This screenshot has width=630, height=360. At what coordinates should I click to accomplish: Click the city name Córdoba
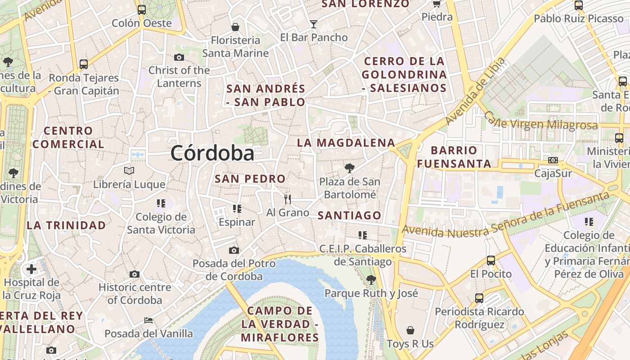pyautogui.click(x=212, y=153)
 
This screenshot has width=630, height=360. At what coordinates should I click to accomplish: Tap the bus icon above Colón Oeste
pyautogui.click(x=142, y=9)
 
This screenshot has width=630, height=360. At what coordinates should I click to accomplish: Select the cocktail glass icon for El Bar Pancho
pyautogui.click(x=314, y=24)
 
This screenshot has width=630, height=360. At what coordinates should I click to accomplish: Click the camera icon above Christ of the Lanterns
pyautogui.click(x=179, y=57)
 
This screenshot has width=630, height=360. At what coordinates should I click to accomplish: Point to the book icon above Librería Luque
pyautogui.click(x=129, y=171)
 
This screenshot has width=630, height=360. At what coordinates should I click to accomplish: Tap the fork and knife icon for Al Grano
pyautogui.click(x=288, y=199)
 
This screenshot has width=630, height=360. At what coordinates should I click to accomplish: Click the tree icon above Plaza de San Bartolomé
pyautogui.click(x=349, y=168)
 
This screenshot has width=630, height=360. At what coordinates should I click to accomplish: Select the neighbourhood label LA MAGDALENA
pyautogui.click(x=346, y=143)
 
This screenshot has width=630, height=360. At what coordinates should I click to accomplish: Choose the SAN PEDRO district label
pyautogui.click(x=250, y=179)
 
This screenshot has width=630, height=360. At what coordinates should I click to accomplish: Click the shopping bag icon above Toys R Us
pyautogui.click(x=410, y=331)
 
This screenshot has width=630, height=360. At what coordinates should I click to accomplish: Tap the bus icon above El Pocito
pyautogui.click(x=491, y=261)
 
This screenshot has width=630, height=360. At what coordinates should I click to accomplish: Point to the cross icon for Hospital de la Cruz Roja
pyautogui.click(x=31, y=269)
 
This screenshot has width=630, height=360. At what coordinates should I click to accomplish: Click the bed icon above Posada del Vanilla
pyautogui.click(x=148, y=320)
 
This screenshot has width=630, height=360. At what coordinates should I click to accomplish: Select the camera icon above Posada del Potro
pyautogui.click(x=234, y=250)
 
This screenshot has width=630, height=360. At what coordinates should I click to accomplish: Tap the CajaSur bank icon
pyautogui.click(x=553, y=160)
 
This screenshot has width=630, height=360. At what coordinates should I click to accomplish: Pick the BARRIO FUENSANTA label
pyautogui.click(x=454, y=157)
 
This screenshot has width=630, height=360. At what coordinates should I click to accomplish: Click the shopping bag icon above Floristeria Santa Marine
pyautogui.click(x=235, y=27)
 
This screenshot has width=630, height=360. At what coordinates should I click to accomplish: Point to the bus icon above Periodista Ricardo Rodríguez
pyautogui.click(x=479, y=298)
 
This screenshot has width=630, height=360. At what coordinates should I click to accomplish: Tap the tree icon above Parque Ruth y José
pyautogui.click(x=371, y=280)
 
